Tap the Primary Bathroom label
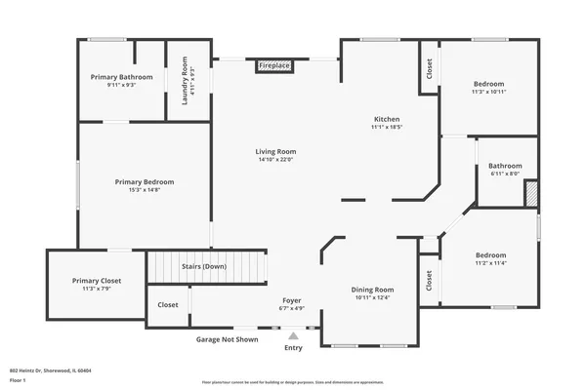pyautogui.click(x=122, y=77)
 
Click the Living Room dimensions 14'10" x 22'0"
pyautogui.click(x=275, y=161)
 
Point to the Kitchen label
pyautogui.click(x=387, y=119)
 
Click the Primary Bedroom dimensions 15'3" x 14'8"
pyautogui.click(x=144, y=190)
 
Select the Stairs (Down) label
pyautogui.click(x=203, y=266)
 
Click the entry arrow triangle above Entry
pyautogui.click(x=293, y=335)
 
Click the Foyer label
pyautogui.click(x=292, y=300)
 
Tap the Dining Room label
pyautogui.click(x=372, y=290)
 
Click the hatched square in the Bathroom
pyautogui.click(x=531, y=192)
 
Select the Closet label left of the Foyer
pyautogui.click(x=168, y=304)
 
